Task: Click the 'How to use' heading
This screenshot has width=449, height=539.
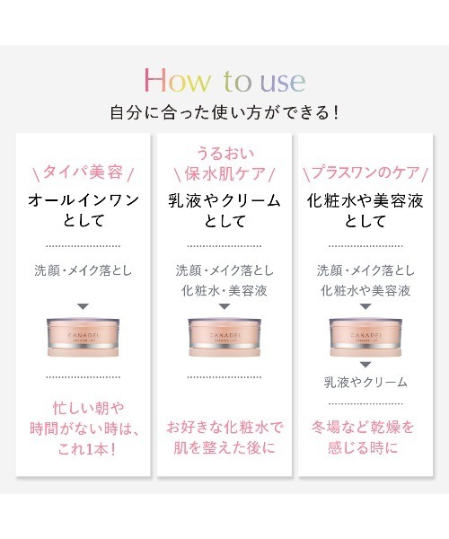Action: coord(225,81)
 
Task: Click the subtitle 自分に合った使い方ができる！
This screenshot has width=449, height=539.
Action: coord(224,113)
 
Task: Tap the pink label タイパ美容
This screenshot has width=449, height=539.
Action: coord(83,172)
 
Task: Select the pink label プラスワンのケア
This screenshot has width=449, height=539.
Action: coord(365,172)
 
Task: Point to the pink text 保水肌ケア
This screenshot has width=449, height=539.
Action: coord(224,173)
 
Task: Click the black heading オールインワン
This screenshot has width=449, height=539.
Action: coord(84,200)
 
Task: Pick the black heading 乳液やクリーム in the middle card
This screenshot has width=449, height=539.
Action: coord(224,200)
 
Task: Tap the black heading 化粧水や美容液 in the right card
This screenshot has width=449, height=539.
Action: coord(365,200)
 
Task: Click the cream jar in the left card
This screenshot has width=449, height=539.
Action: coord(84,337)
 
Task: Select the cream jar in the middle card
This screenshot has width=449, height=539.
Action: coord(224,337)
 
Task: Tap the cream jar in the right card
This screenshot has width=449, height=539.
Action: coord(365,337)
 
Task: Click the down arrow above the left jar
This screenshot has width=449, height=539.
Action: coord(84,306)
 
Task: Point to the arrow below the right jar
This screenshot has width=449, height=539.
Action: coord(365,365)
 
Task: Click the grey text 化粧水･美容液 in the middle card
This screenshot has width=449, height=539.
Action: coord(224,291)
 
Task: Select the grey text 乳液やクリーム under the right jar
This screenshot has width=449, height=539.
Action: coord(365,383)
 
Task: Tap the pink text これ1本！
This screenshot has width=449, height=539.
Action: coord(86,449)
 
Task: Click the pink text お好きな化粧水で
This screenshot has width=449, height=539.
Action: coord(224,428)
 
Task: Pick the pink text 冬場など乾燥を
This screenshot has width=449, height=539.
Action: coord(363,428)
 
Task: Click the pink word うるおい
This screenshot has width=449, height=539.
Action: coord(225,154)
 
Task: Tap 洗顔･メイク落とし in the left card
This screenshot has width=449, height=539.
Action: coord(84,270)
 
